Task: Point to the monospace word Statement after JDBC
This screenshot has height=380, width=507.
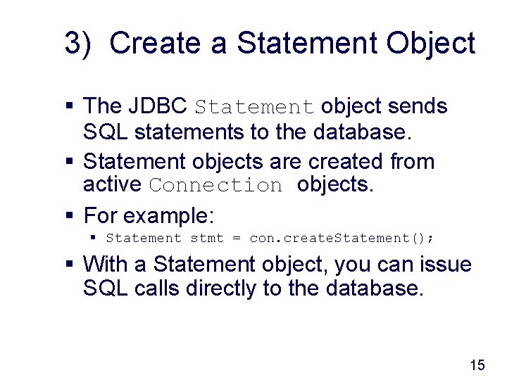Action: [254, 108]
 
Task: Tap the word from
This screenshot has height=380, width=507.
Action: [412, 162]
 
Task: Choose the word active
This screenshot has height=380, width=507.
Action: [113, 184]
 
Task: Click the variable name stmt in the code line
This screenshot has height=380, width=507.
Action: [206, 239]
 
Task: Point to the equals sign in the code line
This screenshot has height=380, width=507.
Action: [237, 239]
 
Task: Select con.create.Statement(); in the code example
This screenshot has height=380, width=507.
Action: [342, 239]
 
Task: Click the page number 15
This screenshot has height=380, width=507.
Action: [477, 365]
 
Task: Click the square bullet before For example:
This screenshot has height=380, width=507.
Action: [70, 215]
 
